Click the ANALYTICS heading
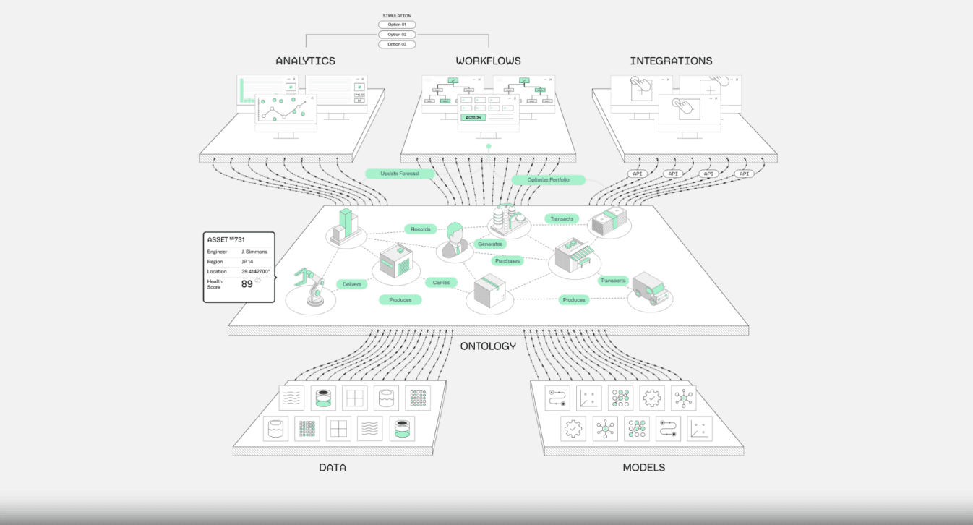tap(305, 61)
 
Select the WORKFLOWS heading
tap(488, 61)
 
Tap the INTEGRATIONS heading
tap(671, 61)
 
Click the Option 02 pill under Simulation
tap(397, 35)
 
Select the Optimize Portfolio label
tap(546, 179)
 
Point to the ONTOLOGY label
tap(488, 346)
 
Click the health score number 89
tap(247, 284)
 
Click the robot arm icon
tap(311, 289)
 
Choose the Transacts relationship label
tap(562, 218)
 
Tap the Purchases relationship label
tap(507, 260)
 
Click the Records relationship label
tap(421, 229)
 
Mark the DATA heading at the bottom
tap(333, 467)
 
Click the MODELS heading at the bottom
tap(643, 467)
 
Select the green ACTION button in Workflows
tap(473, 117)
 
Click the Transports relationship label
tap(612, 281)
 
